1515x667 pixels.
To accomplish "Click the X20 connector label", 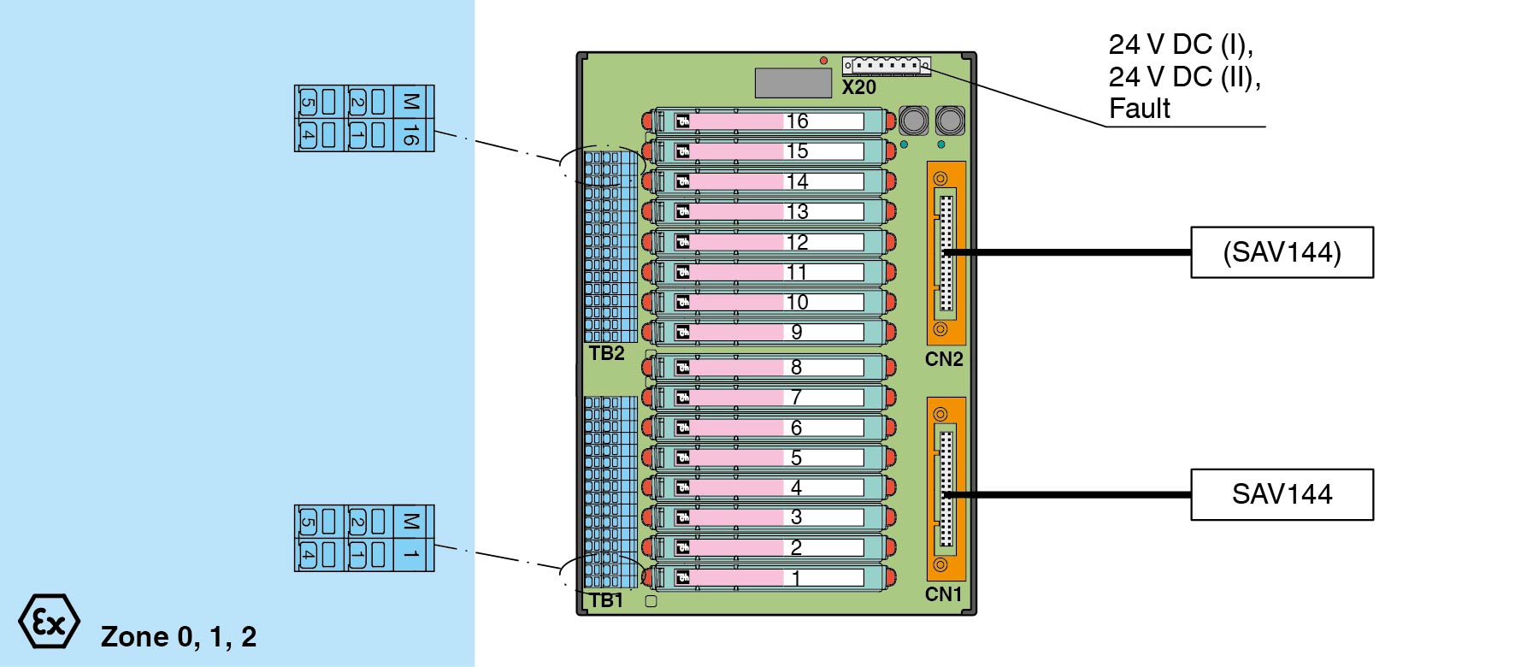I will [858, 87].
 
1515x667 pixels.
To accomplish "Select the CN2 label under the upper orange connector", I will [944, 359].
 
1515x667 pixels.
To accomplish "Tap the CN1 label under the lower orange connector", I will [944, 594].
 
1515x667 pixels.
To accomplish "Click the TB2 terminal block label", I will [606, 353].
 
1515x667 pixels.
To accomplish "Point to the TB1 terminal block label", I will [606, 600].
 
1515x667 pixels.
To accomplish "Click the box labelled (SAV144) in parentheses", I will [1282, 252].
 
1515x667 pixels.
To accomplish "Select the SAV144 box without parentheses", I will [1282, 494].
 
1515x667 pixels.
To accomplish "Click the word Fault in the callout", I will [1139, 109].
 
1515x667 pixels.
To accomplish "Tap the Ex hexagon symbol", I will [49, 622].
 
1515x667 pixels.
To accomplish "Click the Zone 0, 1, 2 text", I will [179, 636].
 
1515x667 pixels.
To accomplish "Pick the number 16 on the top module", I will [797, 121].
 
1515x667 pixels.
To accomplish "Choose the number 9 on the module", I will [797, 332].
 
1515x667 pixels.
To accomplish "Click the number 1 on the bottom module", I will [796, 578].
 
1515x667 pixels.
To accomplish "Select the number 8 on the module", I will [796, 367].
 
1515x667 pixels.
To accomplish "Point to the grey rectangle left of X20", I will [793, 83].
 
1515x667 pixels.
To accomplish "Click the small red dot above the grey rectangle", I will [823, 61].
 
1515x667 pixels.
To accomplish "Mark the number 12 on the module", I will [797, 242].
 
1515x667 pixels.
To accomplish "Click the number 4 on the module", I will [796, 487].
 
